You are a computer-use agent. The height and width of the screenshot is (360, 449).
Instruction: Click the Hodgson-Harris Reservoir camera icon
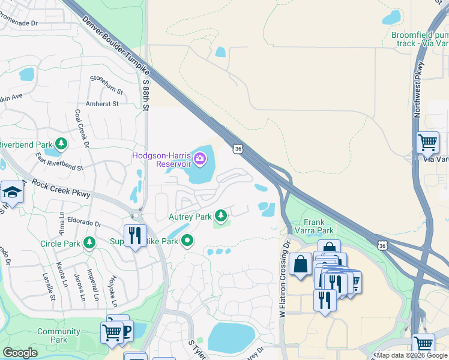tap(200, 159)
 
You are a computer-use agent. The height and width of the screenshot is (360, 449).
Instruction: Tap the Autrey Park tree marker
tap(221, 215)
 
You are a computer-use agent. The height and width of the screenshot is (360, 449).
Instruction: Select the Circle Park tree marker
tap(89, 243)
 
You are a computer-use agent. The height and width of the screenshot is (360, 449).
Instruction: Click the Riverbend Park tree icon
tap(61, 145)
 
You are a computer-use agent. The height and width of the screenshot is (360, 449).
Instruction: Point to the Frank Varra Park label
tap(314, 226)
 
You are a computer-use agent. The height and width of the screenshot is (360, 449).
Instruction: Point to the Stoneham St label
tap(106, 86)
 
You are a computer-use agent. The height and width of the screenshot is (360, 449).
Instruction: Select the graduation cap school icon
tap(11, 193)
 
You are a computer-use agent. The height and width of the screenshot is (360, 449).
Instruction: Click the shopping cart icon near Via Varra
tap(427, 143)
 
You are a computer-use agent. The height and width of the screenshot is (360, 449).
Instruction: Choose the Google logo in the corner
tap(20, 353)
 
